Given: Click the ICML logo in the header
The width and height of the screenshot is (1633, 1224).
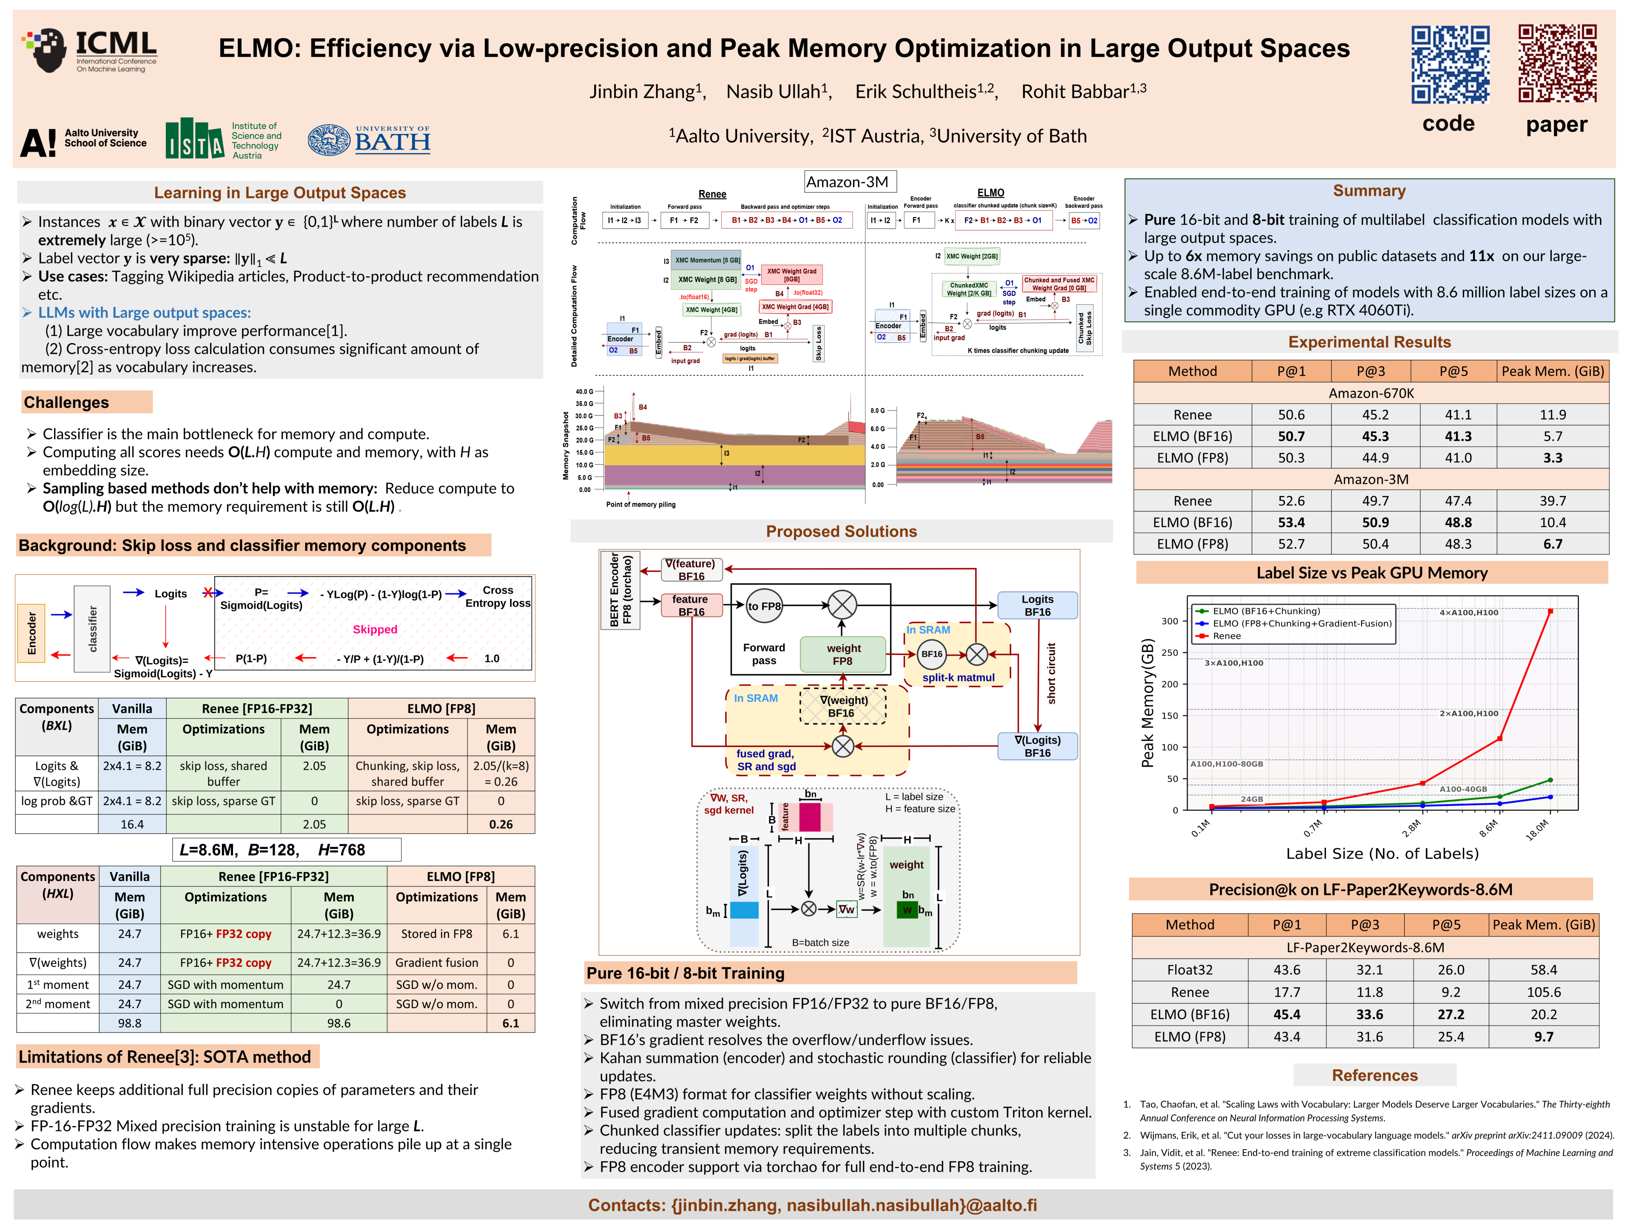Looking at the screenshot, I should click(90, 50).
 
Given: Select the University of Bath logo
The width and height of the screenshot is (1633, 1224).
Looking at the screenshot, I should click(369, 139).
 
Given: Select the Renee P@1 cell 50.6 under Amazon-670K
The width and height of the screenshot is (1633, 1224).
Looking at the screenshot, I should click(1291, 415).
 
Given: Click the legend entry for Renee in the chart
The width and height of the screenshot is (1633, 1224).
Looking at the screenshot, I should click(1226, 636).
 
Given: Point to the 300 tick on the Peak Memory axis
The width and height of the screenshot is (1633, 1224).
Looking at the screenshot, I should click(1169, 621).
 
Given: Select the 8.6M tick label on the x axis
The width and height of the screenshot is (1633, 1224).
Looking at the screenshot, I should click(1489, 828).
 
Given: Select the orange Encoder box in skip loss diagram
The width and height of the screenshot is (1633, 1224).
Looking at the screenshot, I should click(32, 632).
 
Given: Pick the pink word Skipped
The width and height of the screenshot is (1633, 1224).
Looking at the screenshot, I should click(374, 629).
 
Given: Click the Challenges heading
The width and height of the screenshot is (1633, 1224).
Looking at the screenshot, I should click(66, 402).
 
